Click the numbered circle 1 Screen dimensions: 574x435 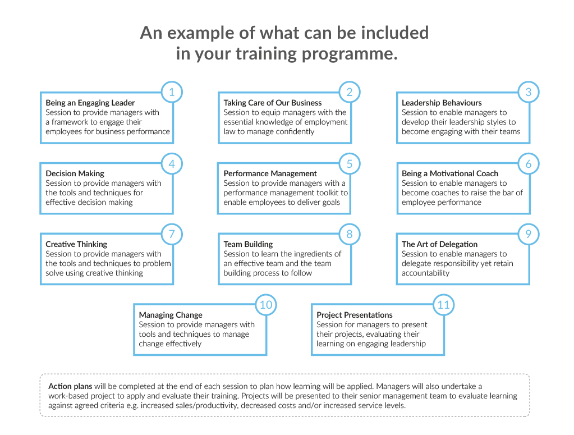point(172,92)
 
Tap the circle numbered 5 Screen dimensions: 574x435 point(350,164)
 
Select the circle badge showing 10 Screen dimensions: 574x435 point(266,305)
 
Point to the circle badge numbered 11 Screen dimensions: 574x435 point(443,305)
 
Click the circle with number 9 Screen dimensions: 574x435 point(528,234)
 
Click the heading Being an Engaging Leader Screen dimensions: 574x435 point(90,103)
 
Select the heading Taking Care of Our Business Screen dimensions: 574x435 point(273,103)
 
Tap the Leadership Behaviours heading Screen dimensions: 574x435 point(442,103)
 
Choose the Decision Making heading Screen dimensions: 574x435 point(75,173)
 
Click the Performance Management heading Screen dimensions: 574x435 point(270,173)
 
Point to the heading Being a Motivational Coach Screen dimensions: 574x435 point(450,173)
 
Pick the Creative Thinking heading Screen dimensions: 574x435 point(76,244)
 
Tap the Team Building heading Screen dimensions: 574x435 point(248,244)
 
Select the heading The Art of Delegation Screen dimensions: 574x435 point(440,244)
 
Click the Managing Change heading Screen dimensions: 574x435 point(171,315)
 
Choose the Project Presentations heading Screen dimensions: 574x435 point(355,315)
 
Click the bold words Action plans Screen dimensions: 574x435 point(70,386)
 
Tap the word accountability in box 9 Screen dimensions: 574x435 point(425,273)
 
